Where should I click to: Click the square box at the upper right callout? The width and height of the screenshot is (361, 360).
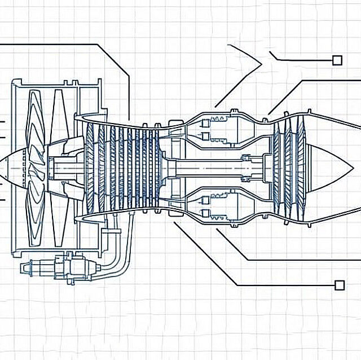click(337, 60)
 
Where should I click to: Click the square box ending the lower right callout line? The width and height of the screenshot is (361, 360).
click(339, 285)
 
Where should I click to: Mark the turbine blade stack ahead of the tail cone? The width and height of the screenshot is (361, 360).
click(285, 168)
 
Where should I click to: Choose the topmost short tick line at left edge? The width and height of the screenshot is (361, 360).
click(3, 121)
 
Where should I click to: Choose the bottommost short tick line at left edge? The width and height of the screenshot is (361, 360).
click(3, 199)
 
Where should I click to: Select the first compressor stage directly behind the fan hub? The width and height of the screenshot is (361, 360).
click(90, 168)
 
